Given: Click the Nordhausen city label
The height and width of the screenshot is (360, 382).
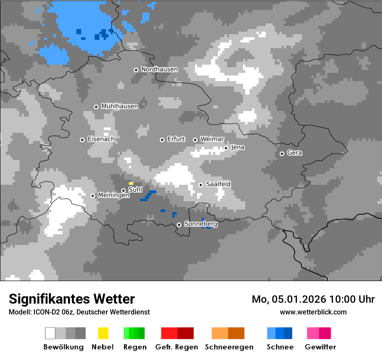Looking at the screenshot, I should pos(159,69).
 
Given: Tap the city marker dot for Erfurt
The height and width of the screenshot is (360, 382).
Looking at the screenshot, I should pos(162,140).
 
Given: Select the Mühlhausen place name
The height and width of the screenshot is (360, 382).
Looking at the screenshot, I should pos(119,106).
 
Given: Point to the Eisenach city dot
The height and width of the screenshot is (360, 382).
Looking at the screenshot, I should pos(82,140).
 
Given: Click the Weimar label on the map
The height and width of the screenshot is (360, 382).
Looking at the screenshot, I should pos(212,139).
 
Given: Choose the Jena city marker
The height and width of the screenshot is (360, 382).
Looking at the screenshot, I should pos(226,148).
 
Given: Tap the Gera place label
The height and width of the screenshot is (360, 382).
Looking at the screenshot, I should pos(294,153).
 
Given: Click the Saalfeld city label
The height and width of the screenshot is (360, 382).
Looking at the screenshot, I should pos(218,184).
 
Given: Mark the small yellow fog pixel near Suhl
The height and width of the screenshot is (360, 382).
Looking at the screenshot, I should pos(131,183).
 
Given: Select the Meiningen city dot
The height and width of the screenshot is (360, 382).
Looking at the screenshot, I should pos(92,196).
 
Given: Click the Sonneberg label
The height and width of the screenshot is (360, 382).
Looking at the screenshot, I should pos(201,224).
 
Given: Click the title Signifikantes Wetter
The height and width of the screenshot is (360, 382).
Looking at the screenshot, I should pos(72,299).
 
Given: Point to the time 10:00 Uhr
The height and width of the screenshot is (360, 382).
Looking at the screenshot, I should pos(352,299).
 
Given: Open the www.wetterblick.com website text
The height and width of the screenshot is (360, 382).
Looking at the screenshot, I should pos(313,312).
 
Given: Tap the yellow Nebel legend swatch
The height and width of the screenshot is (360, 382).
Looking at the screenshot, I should pos(103,333).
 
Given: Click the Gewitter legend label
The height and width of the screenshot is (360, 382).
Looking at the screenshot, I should pos(320,347).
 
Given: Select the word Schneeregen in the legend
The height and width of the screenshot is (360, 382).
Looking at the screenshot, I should pos(229,347).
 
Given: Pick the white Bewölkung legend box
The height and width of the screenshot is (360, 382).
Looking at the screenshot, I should pos(50,333).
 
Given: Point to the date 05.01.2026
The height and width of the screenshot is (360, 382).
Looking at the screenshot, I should pos(298,299).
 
